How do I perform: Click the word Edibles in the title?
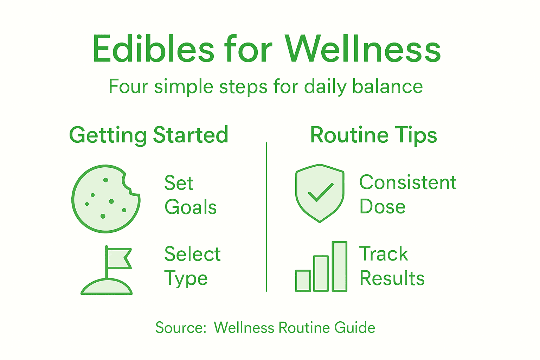point(153,49)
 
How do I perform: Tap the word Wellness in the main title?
point(363,49)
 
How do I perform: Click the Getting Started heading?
point(149,135)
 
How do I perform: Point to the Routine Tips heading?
point(373,135)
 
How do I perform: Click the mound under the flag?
point(107,287)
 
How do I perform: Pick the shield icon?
point(320,193)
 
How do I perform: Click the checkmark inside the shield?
point(320,192)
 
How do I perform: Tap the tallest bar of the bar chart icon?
point(340,266)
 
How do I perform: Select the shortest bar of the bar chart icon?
point(303,281)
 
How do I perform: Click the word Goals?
point(191,207)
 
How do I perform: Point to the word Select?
point(192,254)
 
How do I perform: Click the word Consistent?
point(408,182)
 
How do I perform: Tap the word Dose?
point(382,206)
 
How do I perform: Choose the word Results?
point(392,278)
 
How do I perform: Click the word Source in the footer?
point(180,328)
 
